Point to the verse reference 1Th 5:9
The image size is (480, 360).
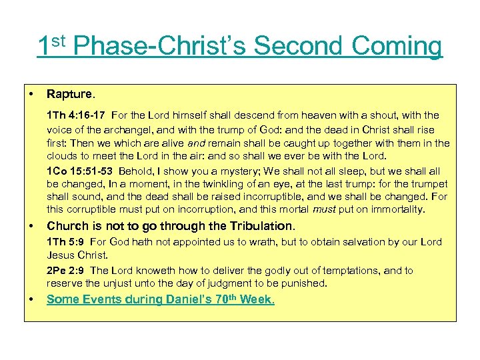[66, 242]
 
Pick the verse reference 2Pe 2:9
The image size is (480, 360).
[66, 270]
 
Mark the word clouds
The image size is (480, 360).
[62, 157]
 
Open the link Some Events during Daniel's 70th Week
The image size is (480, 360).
[161, 299]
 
